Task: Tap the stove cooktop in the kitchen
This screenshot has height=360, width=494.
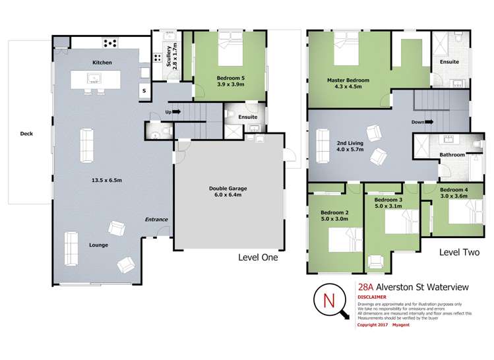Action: point(109,44)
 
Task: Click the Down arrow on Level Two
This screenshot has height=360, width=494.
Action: point(422,121)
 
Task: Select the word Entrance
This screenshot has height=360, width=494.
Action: point(156,220)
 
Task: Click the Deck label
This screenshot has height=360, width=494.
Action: point(26,133)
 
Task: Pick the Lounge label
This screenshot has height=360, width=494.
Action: point(98,245)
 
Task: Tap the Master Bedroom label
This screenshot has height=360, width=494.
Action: point(348,80)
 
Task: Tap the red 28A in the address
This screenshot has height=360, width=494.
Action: point(364,287)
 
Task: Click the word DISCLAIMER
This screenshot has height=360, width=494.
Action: point(373,297)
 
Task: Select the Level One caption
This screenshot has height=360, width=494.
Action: point(258,258)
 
